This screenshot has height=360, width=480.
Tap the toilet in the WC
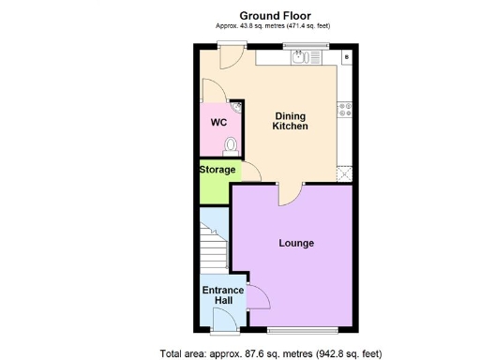232,144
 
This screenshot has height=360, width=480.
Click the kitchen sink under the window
302,57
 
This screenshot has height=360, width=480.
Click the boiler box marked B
347,57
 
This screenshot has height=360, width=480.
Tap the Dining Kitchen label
290,121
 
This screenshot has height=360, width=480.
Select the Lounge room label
296,243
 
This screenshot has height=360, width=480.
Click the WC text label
217,123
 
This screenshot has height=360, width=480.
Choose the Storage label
217,170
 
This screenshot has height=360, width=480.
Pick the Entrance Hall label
223,295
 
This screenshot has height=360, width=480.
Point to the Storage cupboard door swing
250,172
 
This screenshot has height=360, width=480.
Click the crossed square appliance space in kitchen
345,172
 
